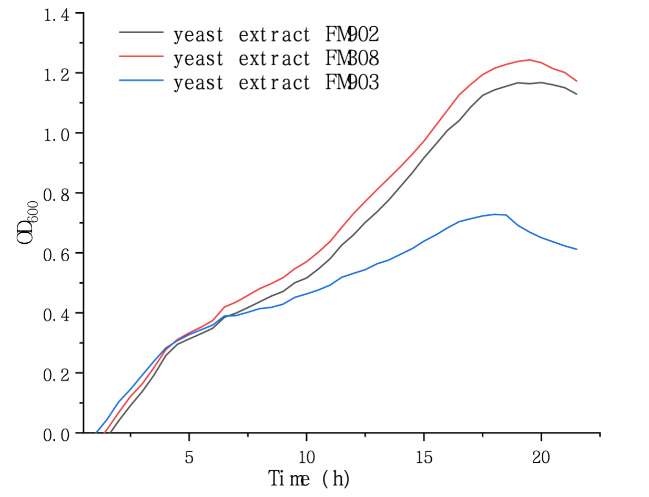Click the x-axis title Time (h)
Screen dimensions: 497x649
coord(309,479)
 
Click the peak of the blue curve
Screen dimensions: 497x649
coord(495,214)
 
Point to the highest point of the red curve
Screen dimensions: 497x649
coord(529,60)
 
